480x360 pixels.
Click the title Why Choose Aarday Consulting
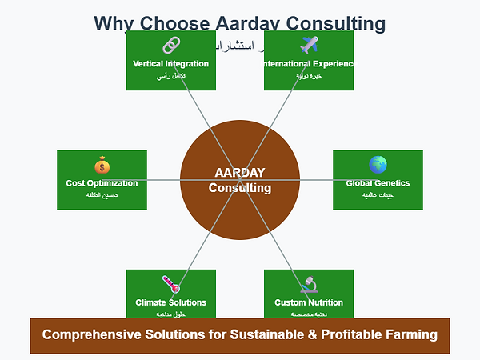[239, 24]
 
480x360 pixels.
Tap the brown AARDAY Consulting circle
[240, 180]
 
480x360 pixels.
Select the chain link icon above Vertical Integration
[171, 46]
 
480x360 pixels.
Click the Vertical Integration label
[171, 63]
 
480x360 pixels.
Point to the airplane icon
[309, 46]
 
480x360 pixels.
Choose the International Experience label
[309, 63]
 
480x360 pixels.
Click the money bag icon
[102, 166]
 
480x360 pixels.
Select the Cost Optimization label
[102, 183]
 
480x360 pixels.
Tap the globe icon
[378, 165]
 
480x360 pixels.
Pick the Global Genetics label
[378, 183]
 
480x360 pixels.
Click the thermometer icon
[171, 284]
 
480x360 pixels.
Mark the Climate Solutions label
[171, 302]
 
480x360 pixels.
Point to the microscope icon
[309, 284]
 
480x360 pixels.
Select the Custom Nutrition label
[309, 302]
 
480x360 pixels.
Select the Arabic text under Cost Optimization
[102, 195]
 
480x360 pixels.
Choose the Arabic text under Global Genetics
[378, 195]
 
